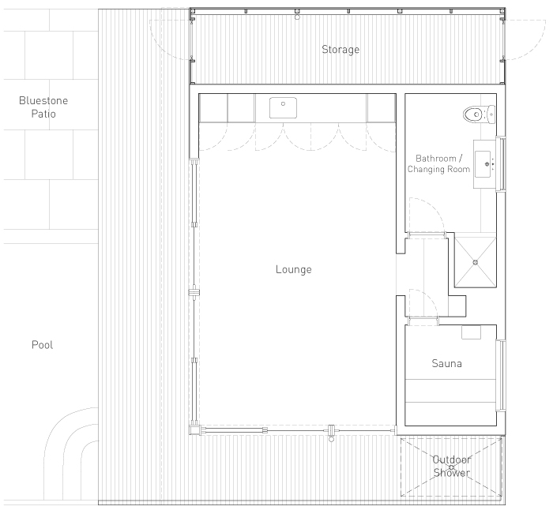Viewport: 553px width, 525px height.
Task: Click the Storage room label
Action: tap(340, 49)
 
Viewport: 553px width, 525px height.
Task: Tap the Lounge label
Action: tap(293, 269)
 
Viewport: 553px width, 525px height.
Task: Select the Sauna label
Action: tap(446, 363)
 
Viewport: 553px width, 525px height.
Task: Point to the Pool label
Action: tap(42, 344)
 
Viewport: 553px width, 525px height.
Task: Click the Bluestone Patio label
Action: tap(43, 107)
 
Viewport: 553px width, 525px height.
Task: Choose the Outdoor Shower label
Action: tap(451, 466)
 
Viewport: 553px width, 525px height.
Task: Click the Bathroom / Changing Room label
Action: tap(438, 163)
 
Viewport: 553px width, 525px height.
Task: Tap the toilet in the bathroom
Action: tap(479, 114)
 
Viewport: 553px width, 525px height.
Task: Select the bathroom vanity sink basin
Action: tap(483, 164)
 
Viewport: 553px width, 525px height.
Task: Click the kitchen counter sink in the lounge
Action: tap(283, 108)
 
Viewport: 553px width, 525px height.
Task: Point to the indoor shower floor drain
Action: tap(475, 262)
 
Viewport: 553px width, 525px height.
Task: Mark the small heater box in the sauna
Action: tap(471, 332)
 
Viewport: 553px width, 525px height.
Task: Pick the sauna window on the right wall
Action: tap(501, 375)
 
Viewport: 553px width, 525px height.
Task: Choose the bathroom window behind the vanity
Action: tap(501, 164)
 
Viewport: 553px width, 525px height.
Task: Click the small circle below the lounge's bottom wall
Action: tap(331, 440)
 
